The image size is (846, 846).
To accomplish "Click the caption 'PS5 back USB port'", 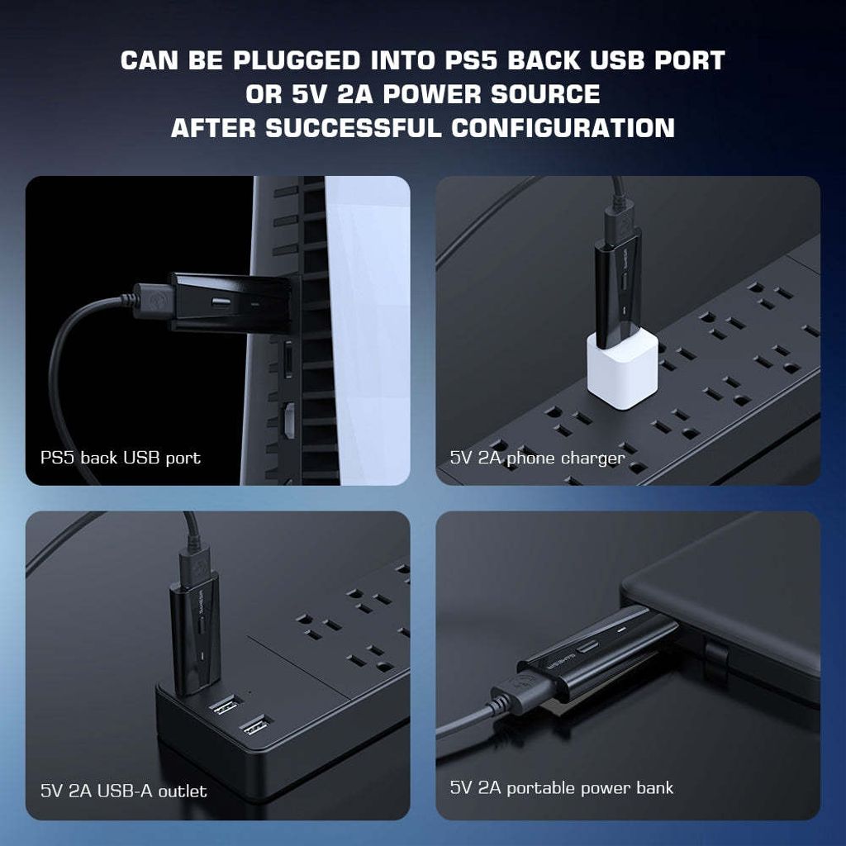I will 121,458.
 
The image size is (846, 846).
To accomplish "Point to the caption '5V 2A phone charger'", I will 537,458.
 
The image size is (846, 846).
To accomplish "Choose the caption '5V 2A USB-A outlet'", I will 124,791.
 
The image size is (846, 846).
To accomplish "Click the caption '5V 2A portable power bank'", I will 562,788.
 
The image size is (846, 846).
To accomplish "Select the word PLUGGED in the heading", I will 298,61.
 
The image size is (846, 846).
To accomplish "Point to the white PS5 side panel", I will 368,330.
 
